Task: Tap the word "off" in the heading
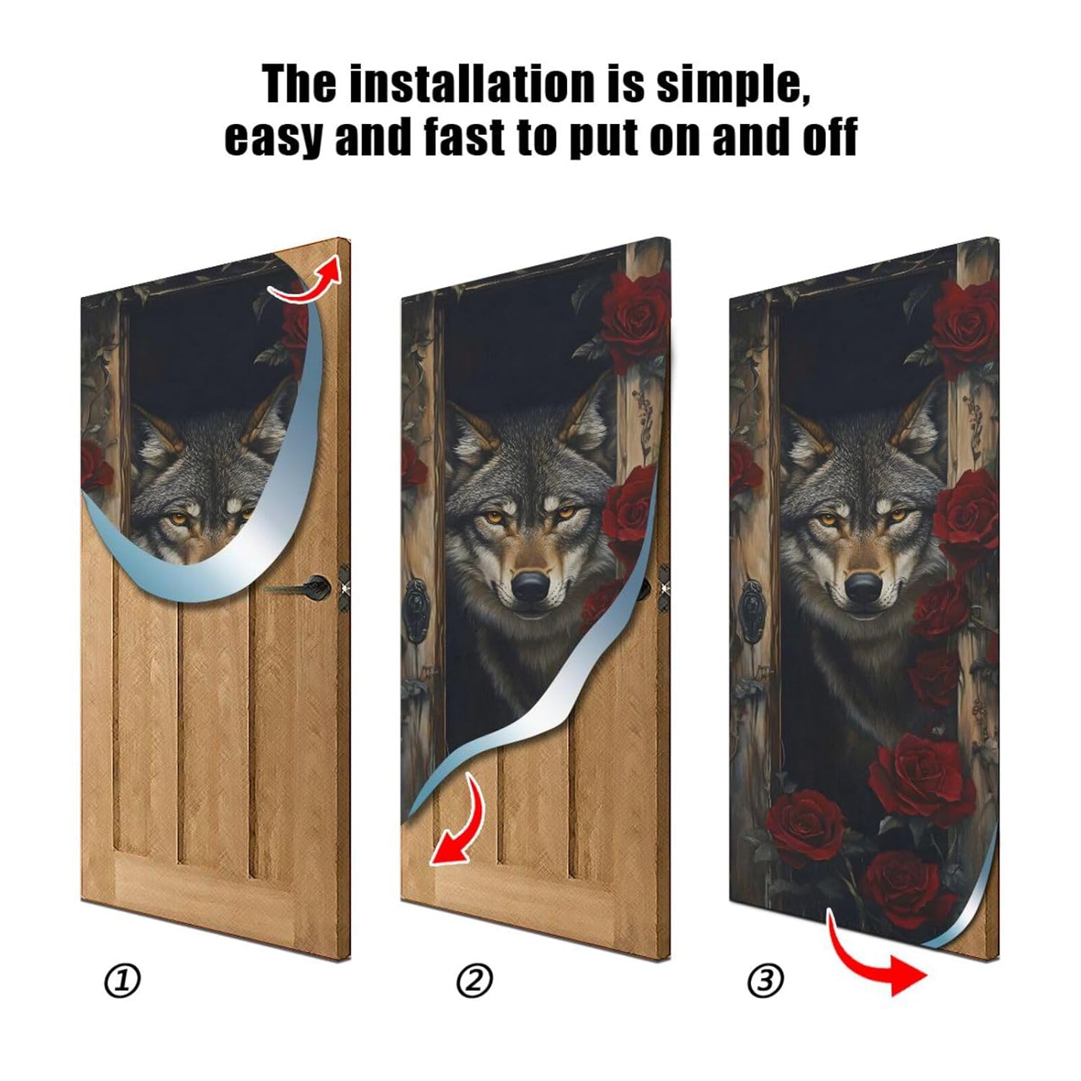pyautogui.click(x=829, y=137)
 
